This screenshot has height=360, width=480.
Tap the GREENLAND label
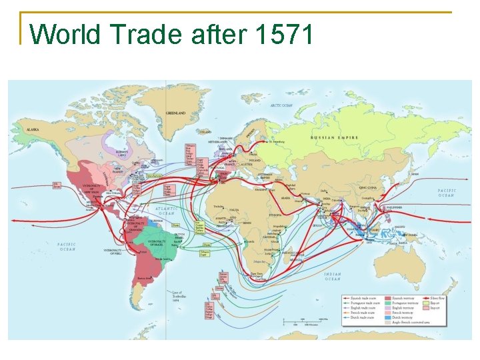click(x=175, y=113)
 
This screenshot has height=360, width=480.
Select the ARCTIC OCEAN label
click(x=282, y=105)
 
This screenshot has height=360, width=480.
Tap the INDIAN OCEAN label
click(x=333, y=277)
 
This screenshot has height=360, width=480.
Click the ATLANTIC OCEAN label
click(x=166, y=210)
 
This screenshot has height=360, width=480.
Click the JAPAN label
click(x=415, y=175)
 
